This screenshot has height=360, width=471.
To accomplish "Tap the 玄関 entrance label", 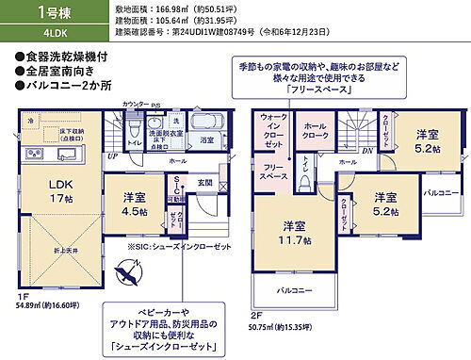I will [204, 183].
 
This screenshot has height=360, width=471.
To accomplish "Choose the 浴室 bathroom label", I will [206, 139].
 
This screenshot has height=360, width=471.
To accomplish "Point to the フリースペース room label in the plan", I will [273, 172].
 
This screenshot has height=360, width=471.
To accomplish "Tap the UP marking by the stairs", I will [112, 156].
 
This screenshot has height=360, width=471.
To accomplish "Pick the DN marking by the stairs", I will [366, 150].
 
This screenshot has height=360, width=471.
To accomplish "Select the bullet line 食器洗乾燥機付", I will [69, 56].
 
